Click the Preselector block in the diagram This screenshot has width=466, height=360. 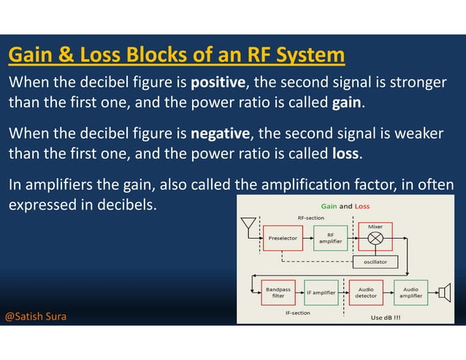(282, 238)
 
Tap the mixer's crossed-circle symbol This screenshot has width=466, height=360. (375, 238)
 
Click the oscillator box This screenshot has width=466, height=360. (375, 261)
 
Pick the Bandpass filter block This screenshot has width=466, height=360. (278, 293)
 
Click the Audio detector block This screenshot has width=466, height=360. (365, 293)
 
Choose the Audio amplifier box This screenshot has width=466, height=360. (410, 293)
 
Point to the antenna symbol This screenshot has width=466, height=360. (248, 223)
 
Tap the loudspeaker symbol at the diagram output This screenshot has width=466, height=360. (443, 293)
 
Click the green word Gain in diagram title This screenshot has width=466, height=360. (329, 206)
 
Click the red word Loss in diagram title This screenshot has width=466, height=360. (362, 206)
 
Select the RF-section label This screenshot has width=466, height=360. (311, 218)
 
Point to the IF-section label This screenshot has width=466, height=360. (297, 313)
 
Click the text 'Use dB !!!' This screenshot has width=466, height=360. (386, 318)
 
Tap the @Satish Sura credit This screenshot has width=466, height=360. (36, 317)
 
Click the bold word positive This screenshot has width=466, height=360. (218, 82)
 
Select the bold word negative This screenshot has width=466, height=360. (221, 134)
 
